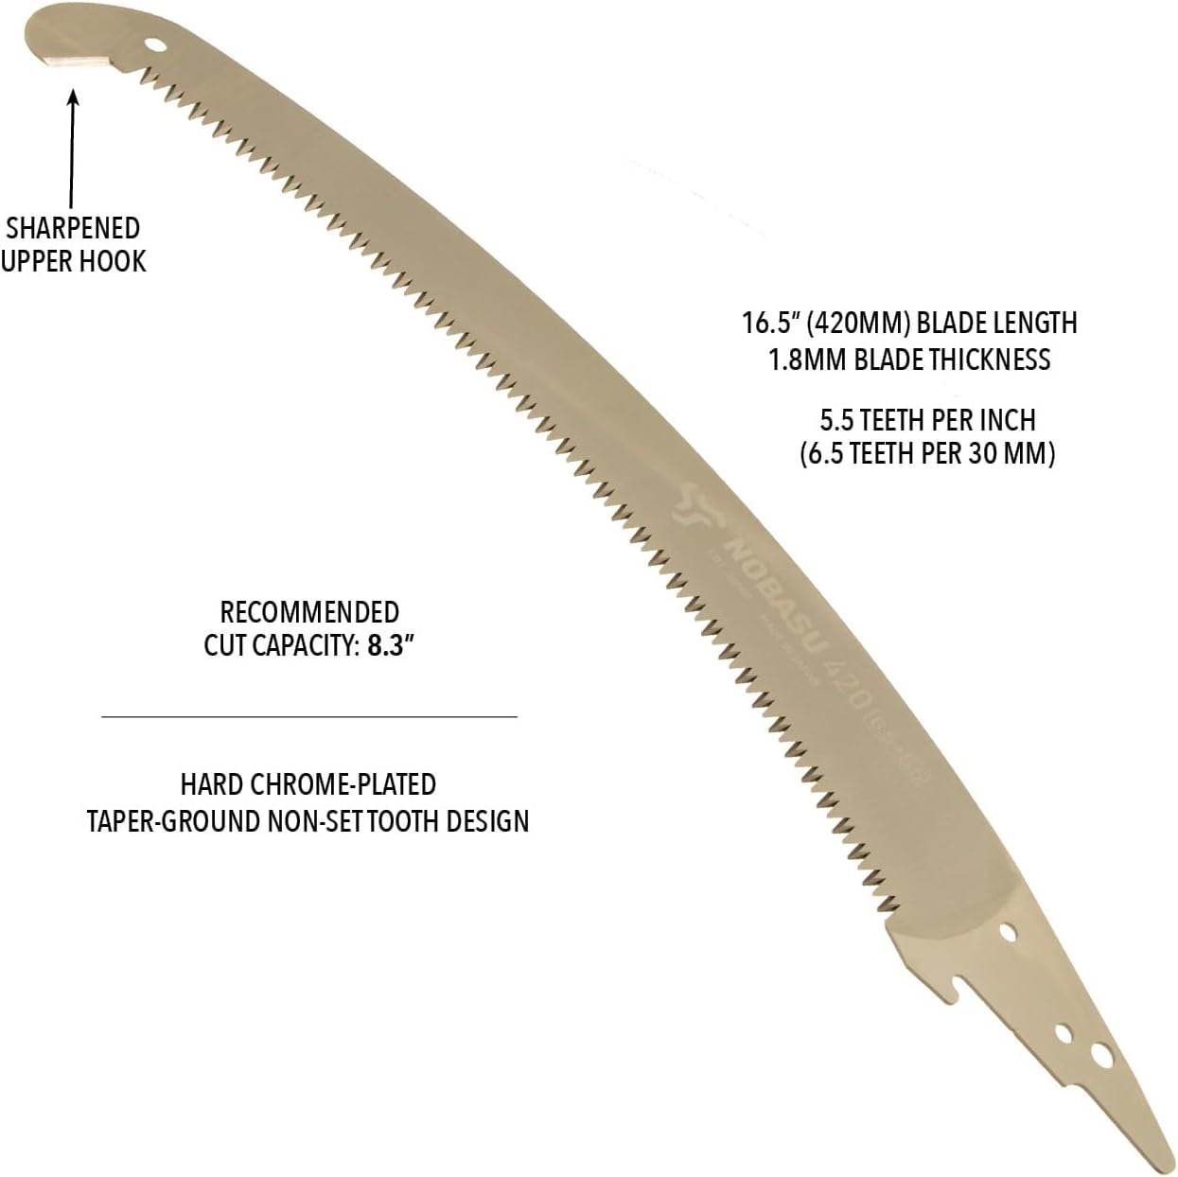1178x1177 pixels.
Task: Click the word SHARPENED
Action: pos(73,228)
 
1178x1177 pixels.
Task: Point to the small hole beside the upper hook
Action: pos(156,44)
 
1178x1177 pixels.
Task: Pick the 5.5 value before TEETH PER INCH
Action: pos(837,419)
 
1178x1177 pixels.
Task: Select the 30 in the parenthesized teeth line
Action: pos(980,453)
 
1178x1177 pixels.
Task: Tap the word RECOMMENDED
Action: pos(309,611)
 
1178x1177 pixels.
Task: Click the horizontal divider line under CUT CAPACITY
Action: pos(309,717)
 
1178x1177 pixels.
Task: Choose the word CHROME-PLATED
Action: pos(343,784)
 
